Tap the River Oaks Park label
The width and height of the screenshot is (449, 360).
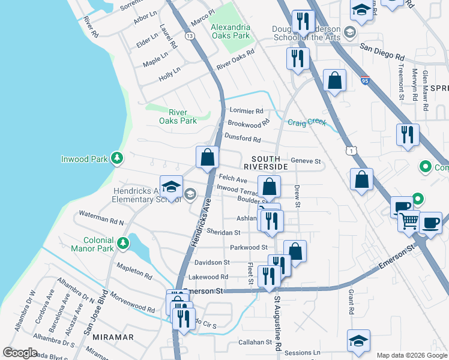(178, 116)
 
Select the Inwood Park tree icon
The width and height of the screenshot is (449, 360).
(118, 159)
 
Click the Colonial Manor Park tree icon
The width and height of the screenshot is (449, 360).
(123, 244)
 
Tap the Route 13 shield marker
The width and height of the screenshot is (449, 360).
(190, 37)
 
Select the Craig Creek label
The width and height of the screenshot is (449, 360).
(307, 122)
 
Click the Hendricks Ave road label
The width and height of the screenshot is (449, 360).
(199, 230)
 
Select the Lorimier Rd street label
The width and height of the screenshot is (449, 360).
(247, 111)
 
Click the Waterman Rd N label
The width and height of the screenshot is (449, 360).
(101, 218)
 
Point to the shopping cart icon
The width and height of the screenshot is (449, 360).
(409, 220)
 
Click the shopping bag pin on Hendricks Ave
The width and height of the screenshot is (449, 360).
(207, 157)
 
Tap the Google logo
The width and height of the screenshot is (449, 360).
(20, 353)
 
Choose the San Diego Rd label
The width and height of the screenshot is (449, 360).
(382, 50)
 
